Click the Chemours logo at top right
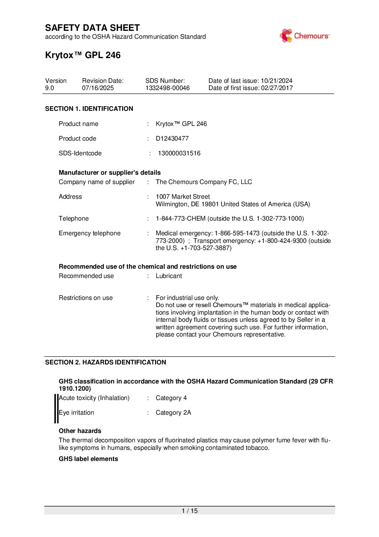click(304, 36)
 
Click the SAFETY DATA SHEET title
click(92, 28)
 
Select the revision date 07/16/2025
click(98, 88)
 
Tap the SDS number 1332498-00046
click(167, 88)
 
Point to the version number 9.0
click(49, 88)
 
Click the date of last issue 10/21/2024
click(277, 81)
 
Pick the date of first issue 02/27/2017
click(277, 88)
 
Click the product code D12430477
click(172, 138)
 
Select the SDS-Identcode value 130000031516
click(179, 153)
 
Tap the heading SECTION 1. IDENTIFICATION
click(89, 109)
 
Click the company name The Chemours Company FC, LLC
click(204, 182)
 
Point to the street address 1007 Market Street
click(183, 197)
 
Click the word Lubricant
click(169, 276)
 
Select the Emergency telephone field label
click(90, 233)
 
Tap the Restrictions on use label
click(86, 298)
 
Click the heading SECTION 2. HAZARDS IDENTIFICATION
click(106, 362)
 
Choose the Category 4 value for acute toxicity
click(171, 398)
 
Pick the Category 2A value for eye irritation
click(173, 413)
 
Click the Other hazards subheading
click(80, 431)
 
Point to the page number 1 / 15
click(189, 511)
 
